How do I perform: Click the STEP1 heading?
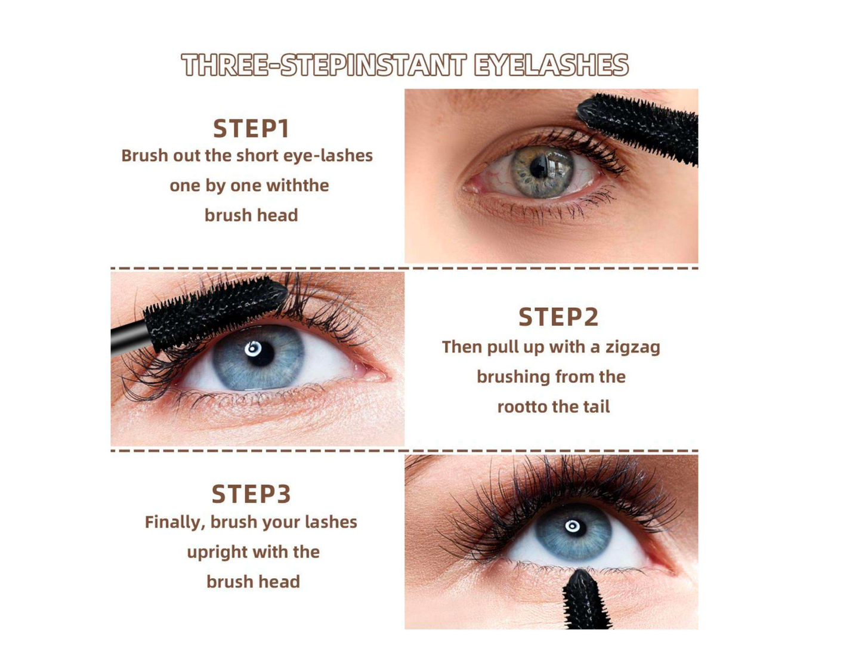click(x=251, y=129)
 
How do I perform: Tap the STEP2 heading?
click(x=558, y=317)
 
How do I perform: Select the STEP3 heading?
click(x=251, y=494)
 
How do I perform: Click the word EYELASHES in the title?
click(x=551, y=65)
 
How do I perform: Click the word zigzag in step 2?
click(x=633, y=347)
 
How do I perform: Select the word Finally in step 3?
click(x=174, y=522)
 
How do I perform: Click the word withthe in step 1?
click(x=297, y=186)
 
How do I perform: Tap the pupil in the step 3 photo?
click(x=573, y=526)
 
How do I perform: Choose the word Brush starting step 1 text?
click(x=144, y=156)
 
